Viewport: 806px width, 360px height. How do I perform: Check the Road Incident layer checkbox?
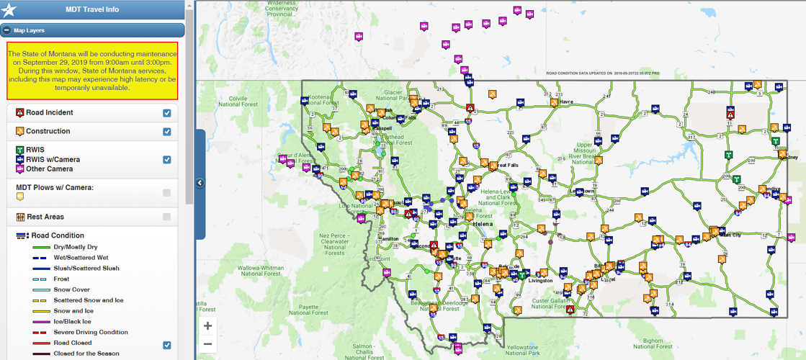point(167,113)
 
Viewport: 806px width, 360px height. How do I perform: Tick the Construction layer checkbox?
point(167,132)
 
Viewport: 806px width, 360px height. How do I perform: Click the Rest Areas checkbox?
point(167,217)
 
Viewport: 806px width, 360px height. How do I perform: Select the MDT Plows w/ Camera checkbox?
point(167,193)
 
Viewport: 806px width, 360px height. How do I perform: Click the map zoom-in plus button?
point(208,325)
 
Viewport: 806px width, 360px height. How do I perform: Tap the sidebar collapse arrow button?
point(200,183)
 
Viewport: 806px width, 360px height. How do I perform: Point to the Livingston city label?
point(539,281)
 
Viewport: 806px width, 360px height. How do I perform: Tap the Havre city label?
point(566,102)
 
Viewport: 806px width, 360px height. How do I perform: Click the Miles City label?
point(730,234)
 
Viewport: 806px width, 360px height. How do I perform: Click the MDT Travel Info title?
point(91,9)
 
